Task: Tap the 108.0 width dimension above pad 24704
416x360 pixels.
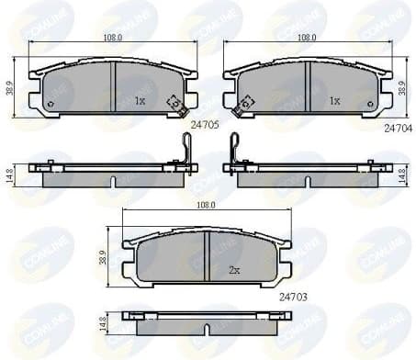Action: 306,39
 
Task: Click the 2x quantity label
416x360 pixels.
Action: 234,270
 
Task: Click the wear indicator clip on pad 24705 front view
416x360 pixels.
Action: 171,105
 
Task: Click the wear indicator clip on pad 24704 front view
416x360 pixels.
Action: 242,107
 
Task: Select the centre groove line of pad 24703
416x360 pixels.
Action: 209,256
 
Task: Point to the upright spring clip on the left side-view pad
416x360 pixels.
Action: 186,149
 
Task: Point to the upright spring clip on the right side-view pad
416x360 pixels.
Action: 234,149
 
